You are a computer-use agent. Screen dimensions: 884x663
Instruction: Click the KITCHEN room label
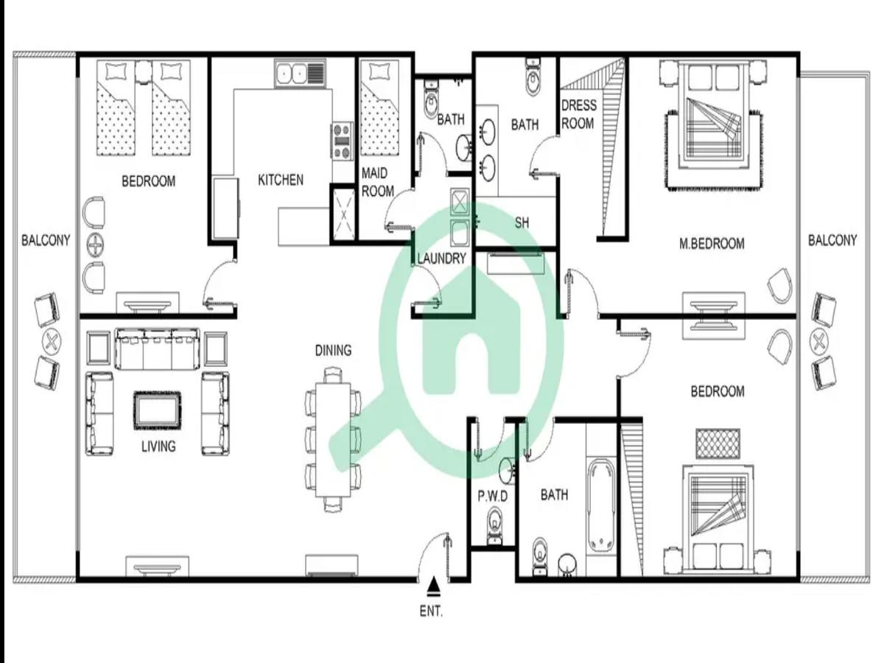[x=281, y=180]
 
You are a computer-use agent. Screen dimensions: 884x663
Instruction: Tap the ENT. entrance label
[x=431, y=611]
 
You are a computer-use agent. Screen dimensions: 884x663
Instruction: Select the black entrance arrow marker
[x=434, y=586]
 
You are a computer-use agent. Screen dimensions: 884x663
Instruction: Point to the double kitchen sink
[x=299, y=73]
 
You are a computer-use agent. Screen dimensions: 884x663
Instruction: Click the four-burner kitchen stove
[x=342, y=141]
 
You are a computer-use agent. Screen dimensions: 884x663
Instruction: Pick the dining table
[x=333, y=440]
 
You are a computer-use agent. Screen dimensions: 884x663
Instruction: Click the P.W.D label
[x=493, y=497]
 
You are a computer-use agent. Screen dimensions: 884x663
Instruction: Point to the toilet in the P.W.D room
[x=494, y=525]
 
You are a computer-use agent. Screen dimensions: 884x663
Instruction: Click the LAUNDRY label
[x=442, y=259]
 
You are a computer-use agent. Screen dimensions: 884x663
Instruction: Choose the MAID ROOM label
[x=377, y=183]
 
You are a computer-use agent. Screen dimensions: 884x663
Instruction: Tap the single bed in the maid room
[x=379, y=108]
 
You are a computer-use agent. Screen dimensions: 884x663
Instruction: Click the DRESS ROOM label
[x=579, y=114]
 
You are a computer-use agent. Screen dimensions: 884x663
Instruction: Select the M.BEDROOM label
[x=712, y=244]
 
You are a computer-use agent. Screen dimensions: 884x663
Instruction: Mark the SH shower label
[x=522, y=222]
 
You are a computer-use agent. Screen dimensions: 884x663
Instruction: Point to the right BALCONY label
[x=832, y=240]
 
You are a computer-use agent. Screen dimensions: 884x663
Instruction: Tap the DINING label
[x=333, y=351]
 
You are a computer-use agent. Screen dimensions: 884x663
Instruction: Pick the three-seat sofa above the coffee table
[x=157, y=349]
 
